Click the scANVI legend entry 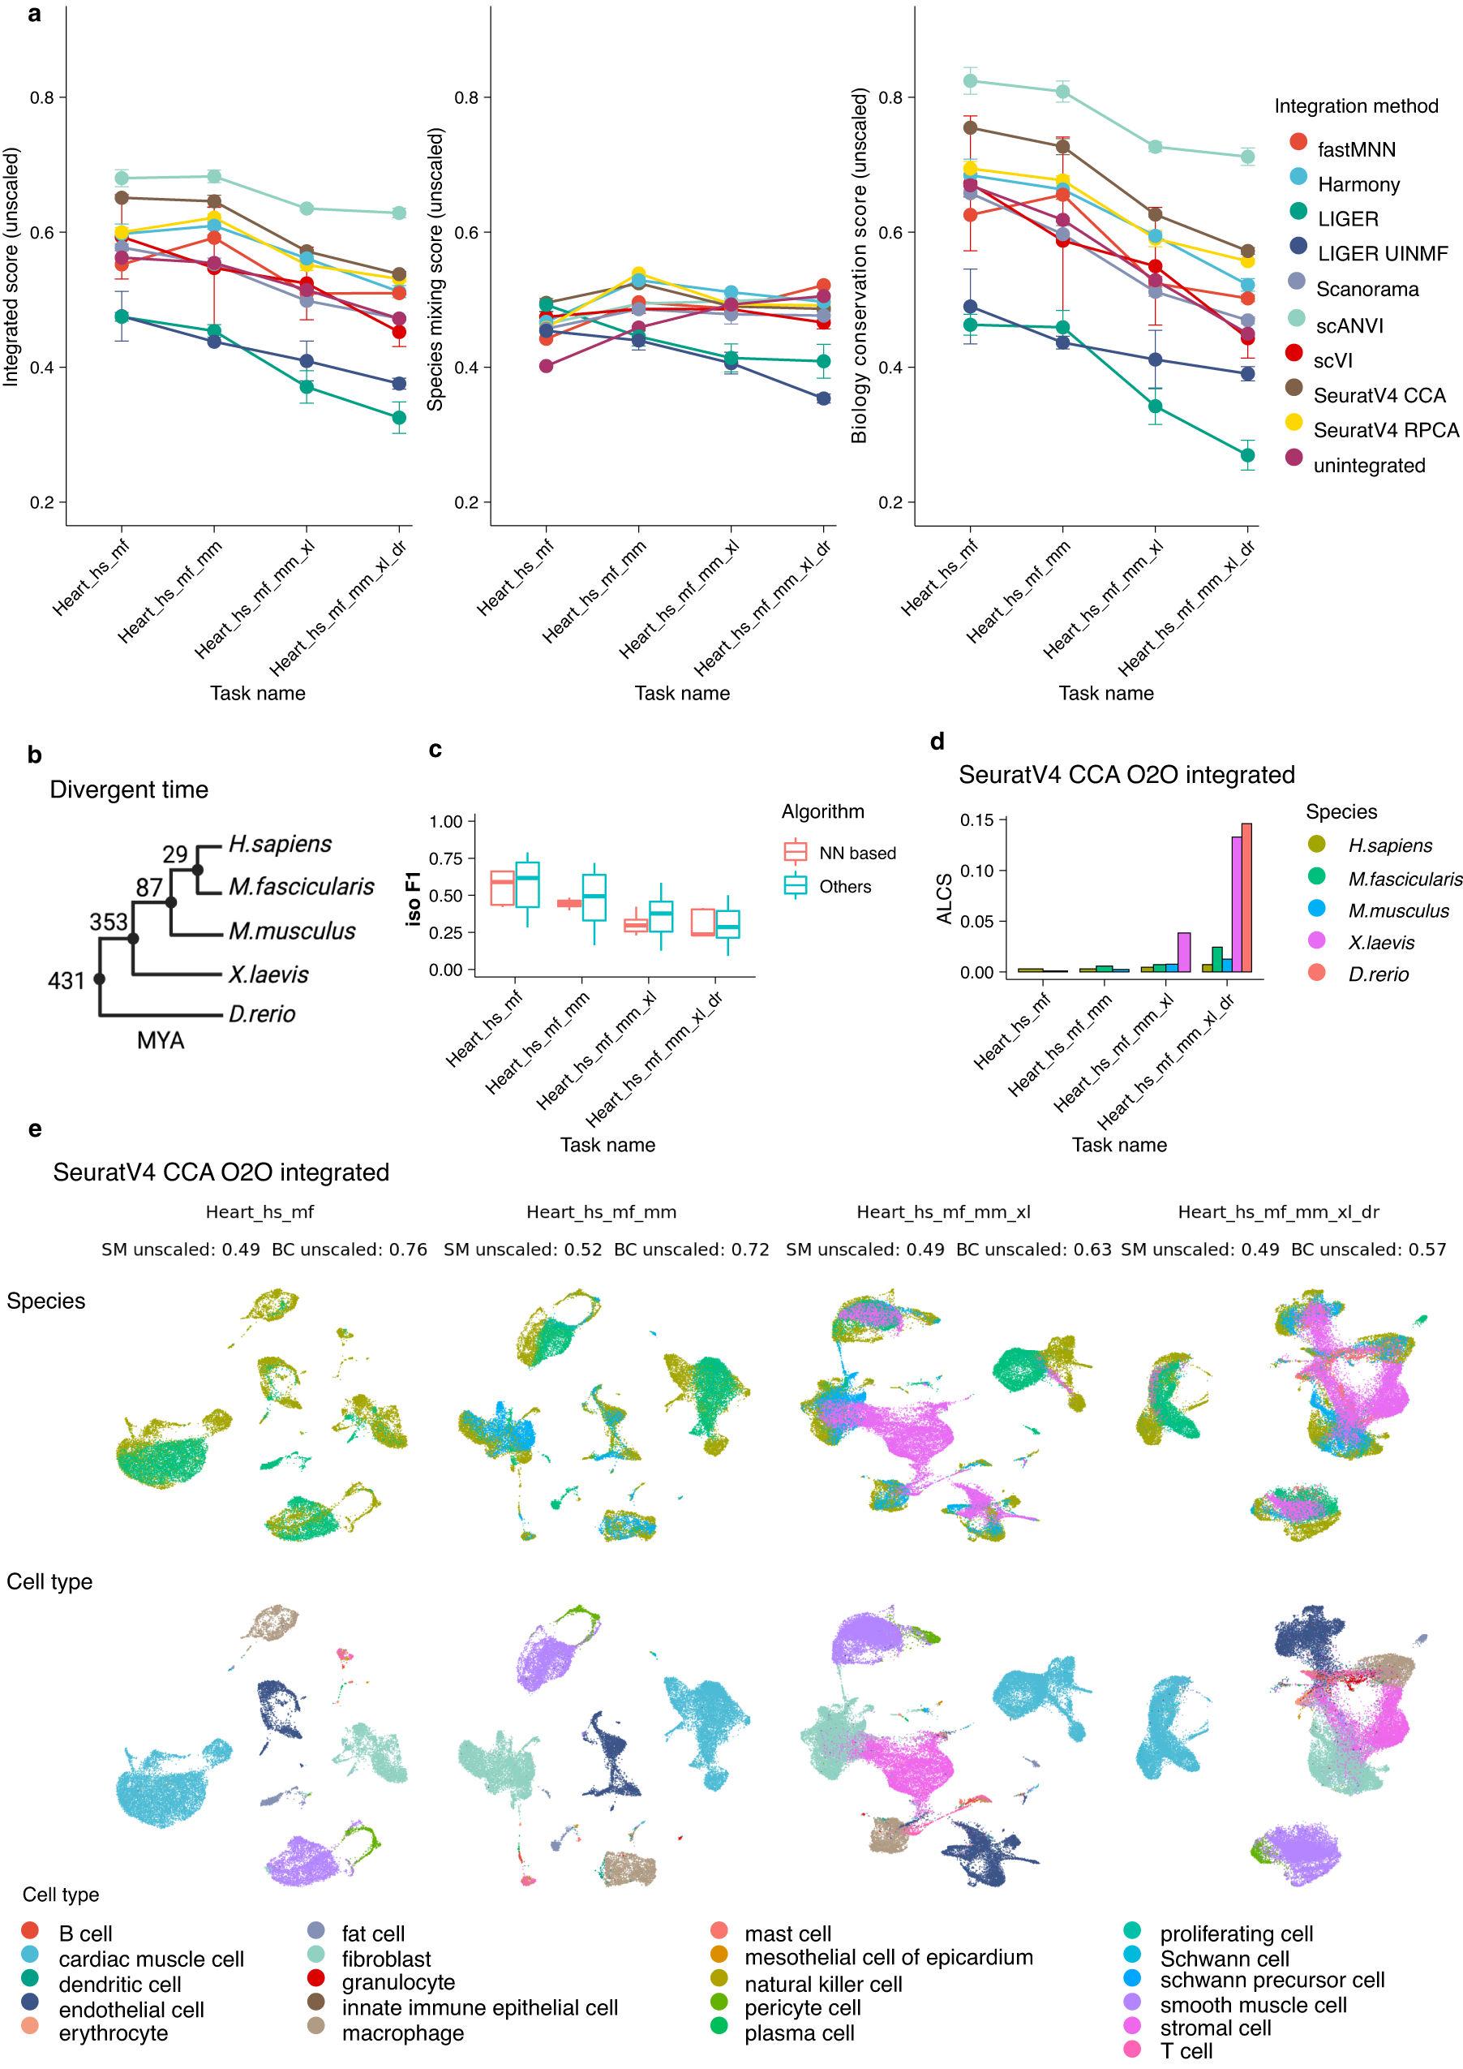coord(1348,325)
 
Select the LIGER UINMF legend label coord(1382,254)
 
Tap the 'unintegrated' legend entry coord(1368,466)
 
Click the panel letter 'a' coord(34,15)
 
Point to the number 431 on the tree coord(66,980)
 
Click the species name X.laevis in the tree coord(268,974)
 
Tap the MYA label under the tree coord(161,1041)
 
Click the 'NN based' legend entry coord(856,853)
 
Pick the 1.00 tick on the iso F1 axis coord(446,821)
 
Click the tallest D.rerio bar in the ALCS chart coord(1246,897)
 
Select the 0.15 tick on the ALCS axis coord(976,820)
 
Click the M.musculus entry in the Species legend coord(1397,911)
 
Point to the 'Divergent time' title coord(129,789)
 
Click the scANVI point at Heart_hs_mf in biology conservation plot coord(970,81)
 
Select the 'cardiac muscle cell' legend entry coord(151,1959)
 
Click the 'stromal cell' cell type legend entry coord(1216,2028)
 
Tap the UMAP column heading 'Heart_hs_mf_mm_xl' coord(943,1212)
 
